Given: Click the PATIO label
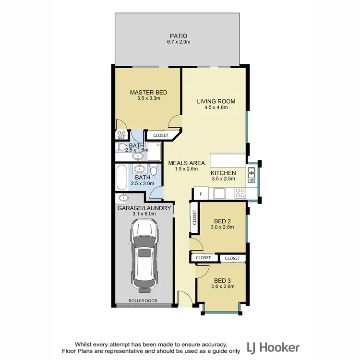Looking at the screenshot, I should point(178,36).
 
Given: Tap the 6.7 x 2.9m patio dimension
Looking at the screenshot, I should point(178,42).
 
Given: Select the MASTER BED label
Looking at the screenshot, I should point(148,92).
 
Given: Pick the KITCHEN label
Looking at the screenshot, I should point(224,173).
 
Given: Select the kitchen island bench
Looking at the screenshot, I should point(228,160).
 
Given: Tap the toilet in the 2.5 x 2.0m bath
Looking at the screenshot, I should point(153,170).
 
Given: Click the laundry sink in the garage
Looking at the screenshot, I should point(123,197).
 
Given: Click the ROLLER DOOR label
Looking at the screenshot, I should point(143,301).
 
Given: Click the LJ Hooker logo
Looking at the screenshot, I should point(273,347).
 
